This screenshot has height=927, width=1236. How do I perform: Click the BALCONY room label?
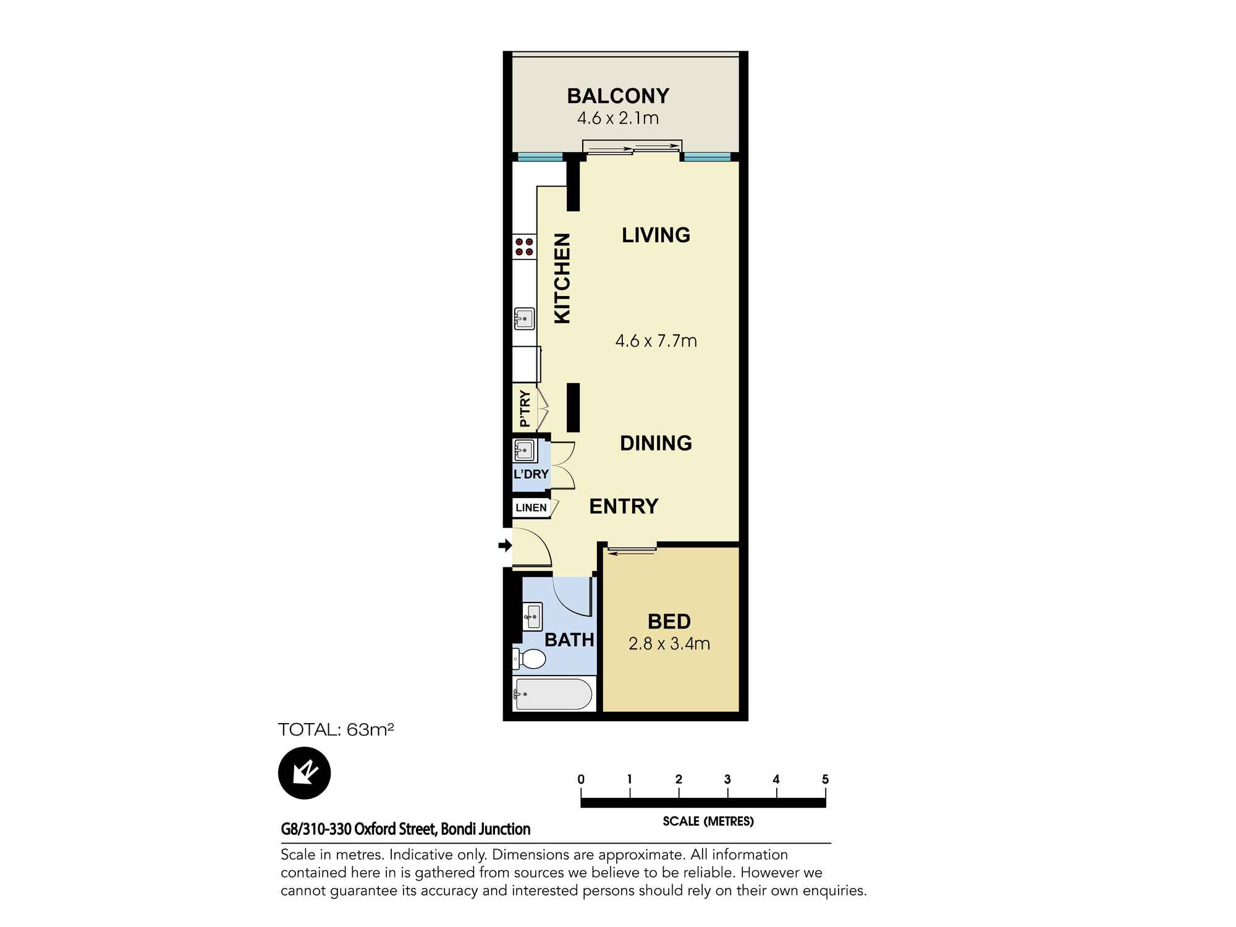coord(618,96)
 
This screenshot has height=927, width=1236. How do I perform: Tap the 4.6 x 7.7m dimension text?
coord(656,341)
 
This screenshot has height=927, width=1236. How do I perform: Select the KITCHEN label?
coord(562,278)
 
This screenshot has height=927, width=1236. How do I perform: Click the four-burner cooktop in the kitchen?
coord(525,247)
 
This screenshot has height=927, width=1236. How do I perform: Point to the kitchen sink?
coord(525,319)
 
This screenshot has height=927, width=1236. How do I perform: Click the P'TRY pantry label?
coord(525,408)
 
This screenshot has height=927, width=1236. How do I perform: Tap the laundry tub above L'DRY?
coord(524,451)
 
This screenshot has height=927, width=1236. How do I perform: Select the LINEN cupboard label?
coord(531,508)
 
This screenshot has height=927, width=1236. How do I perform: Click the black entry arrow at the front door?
coord(505,545)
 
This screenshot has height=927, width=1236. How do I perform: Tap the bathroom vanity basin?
coord(533,616)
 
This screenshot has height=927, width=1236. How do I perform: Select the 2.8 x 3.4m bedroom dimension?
coord(669,644)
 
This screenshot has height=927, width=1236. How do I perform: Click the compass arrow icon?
coord(304,773)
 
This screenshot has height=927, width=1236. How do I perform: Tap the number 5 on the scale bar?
coord(825,779)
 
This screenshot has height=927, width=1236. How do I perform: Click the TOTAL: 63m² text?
coord(336,730)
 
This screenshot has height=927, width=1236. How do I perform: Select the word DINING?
coord(656,443)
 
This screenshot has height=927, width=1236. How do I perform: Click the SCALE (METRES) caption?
coord(708,821)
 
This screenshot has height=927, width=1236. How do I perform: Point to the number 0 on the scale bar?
coord(581,779)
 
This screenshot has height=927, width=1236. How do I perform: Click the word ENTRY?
coord(624,507)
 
